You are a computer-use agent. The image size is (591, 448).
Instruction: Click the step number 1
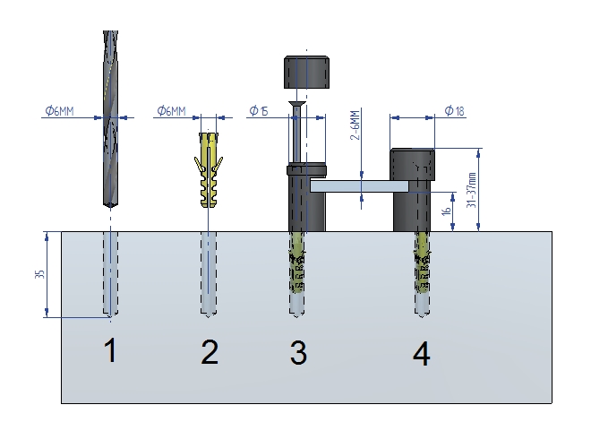pyautogui.click(x=110, y=350)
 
